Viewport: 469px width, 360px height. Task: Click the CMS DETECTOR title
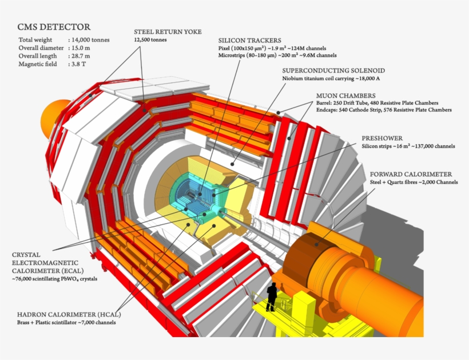tap(54, 27)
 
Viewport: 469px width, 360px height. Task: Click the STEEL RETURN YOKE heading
tap(168, 31)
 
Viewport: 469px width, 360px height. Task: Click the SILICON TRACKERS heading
tap(249, 41)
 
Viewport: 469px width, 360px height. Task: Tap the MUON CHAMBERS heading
tap(345, 95)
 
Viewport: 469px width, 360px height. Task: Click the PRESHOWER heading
tap(382, 138)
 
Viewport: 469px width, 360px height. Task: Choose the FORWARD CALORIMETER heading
tap(411, 174)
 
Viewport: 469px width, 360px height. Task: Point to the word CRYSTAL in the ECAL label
tap(27, 255)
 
